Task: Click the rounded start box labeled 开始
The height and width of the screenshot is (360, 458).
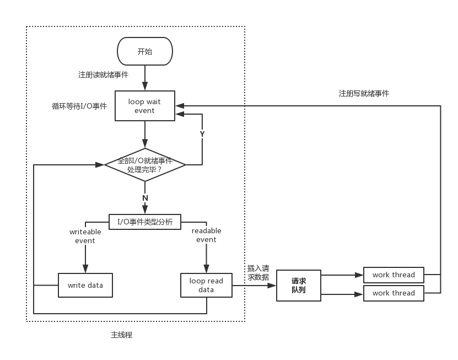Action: [x=145, y=52]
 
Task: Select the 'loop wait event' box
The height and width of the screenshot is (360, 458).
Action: [x=145, y=106]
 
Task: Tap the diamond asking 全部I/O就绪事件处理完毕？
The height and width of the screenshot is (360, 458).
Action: [x=145, y=165]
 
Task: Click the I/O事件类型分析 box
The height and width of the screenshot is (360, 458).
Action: [x=145, y=222]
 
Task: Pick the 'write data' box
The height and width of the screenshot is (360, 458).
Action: [x=85, y=286]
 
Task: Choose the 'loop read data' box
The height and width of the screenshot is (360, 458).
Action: [x=206, y=286]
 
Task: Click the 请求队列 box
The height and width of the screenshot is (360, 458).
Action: [x=298, y=286]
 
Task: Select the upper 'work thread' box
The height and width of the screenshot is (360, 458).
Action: [x=394, y=275]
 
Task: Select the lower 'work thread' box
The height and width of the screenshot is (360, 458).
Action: [x=394, y=293]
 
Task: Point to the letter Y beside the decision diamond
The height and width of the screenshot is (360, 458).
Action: [x=202, y=134]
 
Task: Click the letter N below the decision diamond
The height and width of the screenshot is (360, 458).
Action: [x=145, y=198]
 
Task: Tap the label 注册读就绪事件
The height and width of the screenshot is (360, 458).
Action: [x=103, y=74]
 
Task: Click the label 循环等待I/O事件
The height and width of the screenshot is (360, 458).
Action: [x=79, y=106]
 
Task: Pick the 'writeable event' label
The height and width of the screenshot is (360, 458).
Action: [x=85, y=236]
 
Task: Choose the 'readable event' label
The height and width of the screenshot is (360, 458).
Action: [x=206, y=235]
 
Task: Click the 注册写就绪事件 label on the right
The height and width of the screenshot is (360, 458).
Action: [x=364, y=94]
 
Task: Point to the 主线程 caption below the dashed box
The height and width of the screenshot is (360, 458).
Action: [x=121, y=335]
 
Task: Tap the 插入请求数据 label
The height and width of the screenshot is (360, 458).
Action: [x=258, y=273]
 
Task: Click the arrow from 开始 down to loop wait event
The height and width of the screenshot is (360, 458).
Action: [x=145, y=78]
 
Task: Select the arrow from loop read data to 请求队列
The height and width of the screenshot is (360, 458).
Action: [x=254, y=286]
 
